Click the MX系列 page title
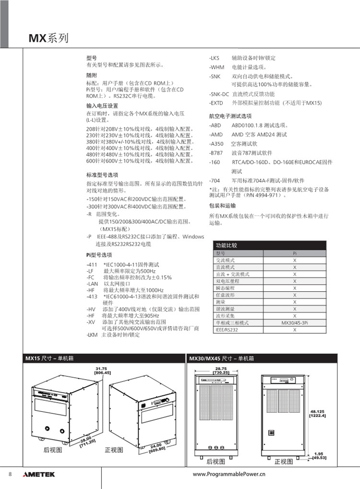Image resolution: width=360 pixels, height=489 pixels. [x=49, y=38]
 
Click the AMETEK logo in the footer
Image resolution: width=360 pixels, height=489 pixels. [x=39, y=474]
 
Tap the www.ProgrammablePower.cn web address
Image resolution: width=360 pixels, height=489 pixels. [x=228, y=474]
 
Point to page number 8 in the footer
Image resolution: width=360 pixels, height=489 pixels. [x=10, y=474]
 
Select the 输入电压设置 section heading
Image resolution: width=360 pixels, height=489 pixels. [x=102, y=106]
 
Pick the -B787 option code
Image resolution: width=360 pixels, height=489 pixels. [x=216, y=153]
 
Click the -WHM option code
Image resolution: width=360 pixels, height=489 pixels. [x=216, y=67]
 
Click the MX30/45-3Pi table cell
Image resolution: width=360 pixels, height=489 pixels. [x=295, y=323]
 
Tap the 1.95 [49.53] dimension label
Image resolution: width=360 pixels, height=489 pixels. [x=318, y=455]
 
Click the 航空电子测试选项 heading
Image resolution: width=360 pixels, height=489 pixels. [x=230, y=116]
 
